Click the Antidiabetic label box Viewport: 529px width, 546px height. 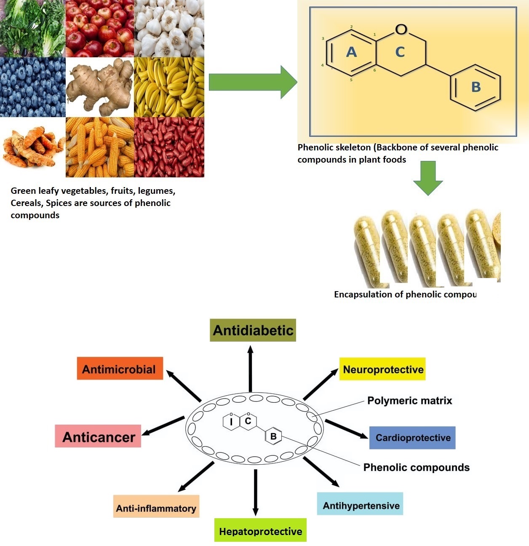(253, 330)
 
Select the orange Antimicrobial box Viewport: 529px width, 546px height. (120, 369)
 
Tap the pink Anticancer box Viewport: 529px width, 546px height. (98, 436)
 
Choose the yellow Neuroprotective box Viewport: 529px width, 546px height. (382, 369)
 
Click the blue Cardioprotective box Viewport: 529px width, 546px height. (412, 438)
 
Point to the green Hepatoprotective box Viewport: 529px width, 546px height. (260, 530)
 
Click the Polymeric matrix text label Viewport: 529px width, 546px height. (409, 401)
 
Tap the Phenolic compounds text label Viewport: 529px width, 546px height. (416, 467)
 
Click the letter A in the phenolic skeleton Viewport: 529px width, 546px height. (351, 52)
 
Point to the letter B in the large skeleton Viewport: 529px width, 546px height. (476, 87)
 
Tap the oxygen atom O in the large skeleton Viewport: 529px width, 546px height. (401, 29)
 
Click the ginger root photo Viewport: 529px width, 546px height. (100, 87)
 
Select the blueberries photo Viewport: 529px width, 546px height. (32, 87)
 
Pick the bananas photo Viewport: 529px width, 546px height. (169, 87)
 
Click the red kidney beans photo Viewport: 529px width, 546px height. (169, 147)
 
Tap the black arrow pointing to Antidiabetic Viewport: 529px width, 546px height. (251, 369)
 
